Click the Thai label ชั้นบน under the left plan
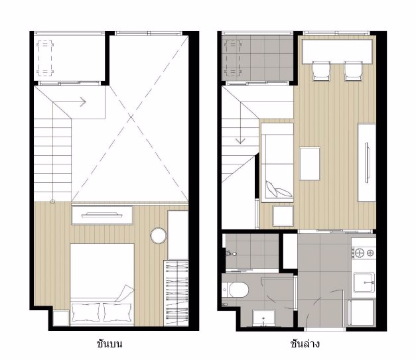point(109,344)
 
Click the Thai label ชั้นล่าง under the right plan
point(305,344)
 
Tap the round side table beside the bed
point(159,235)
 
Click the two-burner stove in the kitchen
point(364,253)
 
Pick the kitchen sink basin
point(364,282)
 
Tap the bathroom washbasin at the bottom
point(263,318)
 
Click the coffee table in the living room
point(310,164)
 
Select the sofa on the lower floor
point(277,162)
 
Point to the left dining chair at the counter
point(321,71)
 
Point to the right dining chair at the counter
point(354,71)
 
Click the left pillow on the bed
point(86,312)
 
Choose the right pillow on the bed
point(117,312)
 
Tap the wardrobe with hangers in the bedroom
point(176,293)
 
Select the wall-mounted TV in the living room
point(367,162)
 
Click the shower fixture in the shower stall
point(230,254)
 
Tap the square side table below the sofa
point(283,215)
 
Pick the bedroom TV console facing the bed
point(102,215)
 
